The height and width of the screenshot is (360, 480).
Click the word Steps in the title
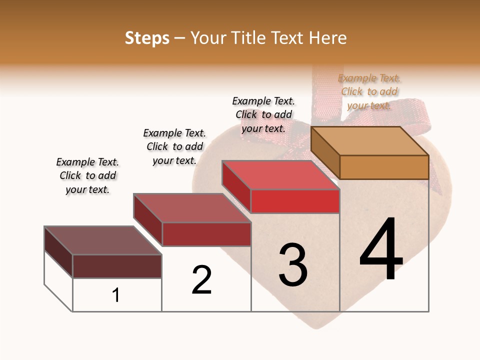click(147, 38)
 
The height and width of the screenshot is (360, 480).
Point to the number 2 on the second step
click(201, 279)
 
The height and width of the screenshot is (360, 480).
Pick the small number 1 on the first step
click(116, 295)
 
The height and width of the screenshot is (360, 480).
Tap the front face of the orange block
click(384, 167)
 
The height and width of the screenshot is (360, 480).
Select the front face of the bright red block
click(295, 201)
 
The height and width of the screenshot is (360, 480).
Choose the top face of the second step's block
click(192, 207)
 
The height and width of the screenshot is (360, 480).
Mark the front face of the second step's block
click(206, 234)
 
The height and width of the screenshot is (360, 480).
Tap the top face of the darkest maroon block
click(103, 240)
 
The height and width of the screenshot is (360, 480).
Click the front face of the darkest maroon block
click(117, 266)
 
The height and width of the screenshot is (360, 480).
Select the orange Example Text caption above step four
click(369, 91)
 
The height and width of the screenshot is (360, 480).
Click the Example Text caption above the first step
click(87, 175)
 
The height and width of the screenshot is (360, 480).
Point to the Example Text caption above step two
click(174, 146)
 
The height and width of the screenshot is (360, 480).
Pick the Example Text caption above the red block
click(263, 114)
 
